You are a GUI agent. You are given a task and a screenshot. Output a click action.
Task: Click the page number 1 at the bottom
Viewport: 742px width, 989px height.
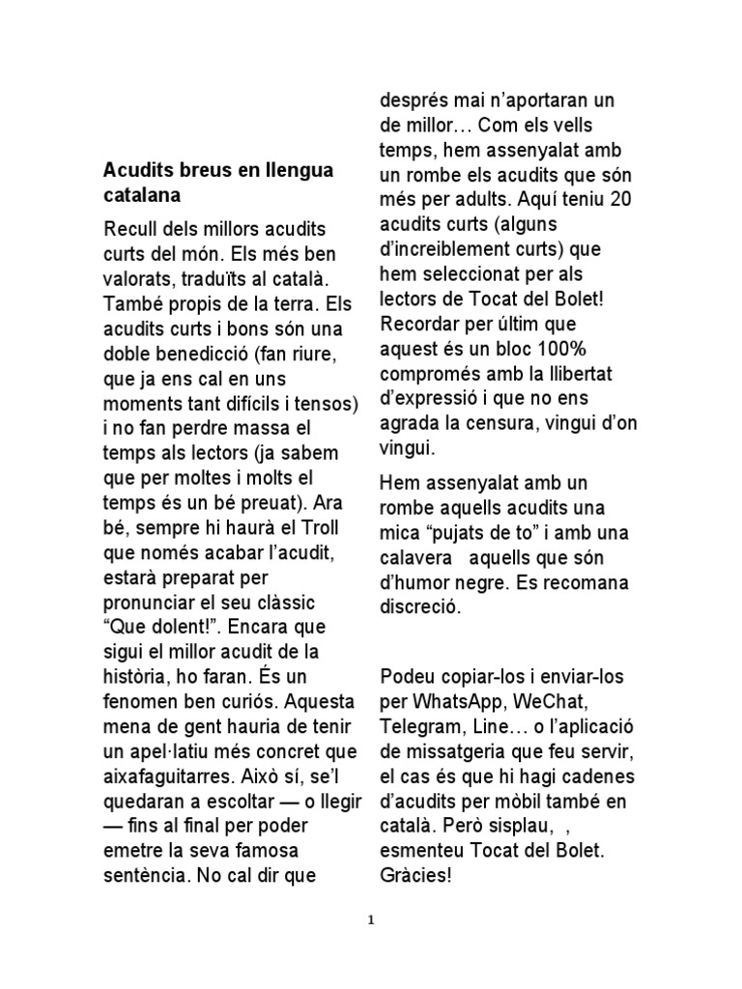[x=371, y=920]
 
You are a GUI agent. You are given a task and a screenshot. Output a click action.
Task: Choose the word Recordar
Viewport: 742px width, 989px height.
[x=420, y=324]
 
